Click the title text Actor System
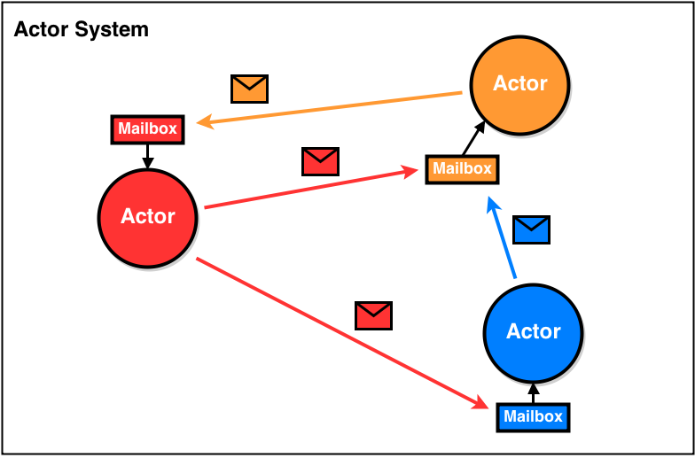click(82, 30)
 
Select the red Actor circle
click(147, 217)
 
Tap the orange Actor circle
click(520, 84)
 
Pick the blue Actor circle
click(533, 332)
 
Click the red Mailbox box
click(148, 129)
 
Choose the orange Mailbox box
click(462, 168)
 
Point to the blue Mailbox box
click(533, 416)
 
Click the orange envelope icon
click(249, 89)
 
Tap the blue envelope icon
click(532, 229)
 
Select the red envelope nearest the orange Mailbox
click(320, 161)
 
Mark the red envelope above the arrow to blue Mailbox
click(373, 315)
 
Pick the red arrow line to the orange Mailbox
click(310, 188)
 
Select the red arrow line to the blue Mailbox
click(337, 332)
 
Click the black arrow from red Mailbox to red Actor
click(148, 156)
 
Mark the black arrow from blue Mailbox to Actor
click(533, 393)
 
